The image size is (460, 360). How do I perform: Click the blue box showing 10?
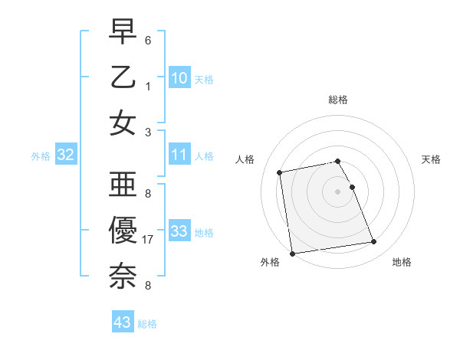coord(179,77)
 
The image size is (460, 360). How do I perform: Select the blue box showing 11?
coord(179,155)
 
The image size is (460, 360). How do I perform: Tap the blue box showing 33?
coord(179,231)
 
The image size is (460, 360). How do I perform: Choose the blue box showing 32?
coord(65,155)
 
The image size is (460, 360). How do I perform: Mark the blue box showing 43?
coord(123,322)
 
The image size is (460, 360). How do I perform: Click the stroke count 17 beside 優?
coord(148,240)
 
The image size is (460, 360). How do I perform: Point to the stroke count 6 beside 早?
coord(148,39)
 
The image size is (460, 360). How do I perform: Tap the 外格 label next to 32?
coord(41,156)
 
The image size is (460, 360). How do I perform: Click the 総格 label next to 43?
coord(147,324)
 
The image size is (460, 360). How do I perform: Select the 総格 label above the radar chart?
coord(338,100)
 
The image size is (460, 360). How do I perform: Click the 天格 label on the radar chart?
coord(432,159)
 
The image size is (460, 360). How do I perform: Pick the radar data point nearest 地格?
coord(374,243)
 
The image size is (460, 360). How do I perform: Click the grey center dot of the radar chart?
coord(338,191)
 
